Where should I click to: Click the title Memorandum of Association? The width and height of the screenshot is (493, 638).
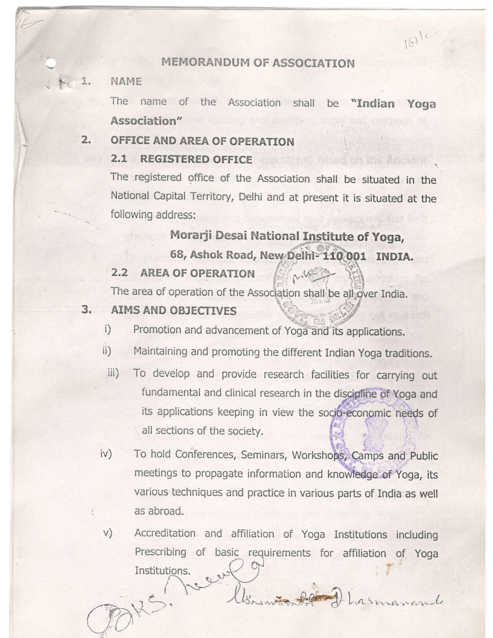[258, 63]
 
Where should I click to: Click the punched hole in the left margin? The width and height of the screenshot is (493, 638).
[51, 64]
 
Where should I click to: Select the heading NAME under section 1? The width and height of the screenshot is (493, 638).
[126, 81]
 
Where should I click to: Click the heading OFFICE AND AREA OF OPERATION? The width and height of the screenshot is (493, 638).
[202, 141]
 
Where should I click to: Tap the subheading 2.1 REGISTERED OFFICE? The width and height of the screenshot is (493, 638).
[181, 159]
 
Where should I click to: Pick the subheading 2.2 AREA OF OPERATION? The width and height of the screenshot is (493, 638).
[183, 273]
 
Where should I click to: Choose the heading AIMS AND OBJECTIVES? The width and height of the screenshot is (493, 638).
[173, 310]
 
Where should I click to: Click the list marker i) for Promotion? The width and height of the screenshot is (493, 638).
[108, 329]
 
